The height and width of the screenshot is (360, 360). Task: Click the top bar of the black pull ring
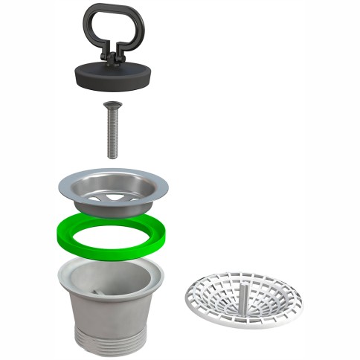112,7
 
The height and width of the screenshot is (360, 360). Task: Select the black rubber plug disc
112,74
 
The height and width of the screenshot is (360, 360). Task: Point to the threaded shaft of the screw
112,134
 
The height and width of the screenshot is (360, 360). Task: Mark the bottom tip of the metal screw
112,156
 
